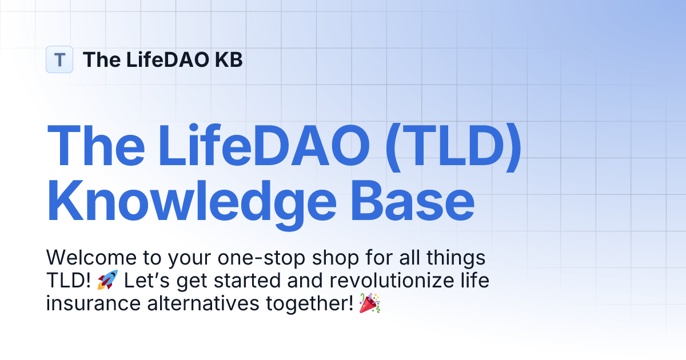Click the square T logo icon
[x=59, y=59]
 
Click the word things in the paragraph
[x=454, y=258]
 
